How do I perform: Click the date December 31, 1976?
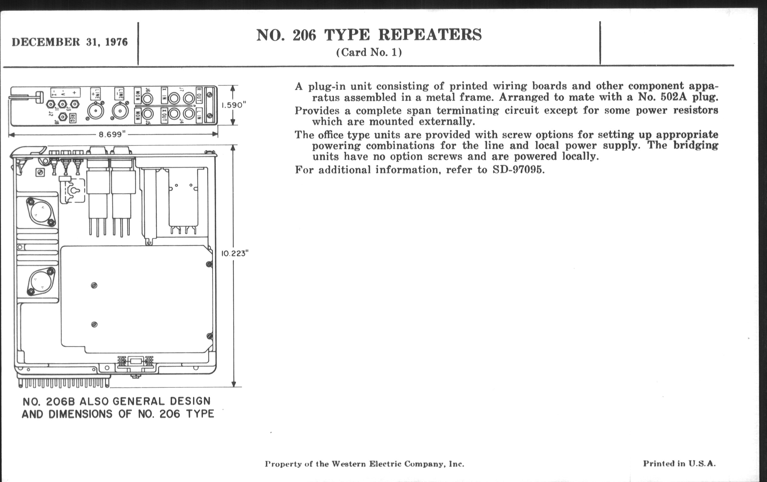tap(69, 42)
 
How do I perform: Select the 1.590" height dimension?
tap(234, 105)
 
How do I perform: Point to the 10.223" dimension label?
tap(235, 254)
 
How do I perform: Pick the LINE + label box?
tap(95, 94)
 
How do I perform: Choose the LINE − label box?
tap(120, 94)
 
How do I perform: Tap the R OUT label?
tap(199, 95)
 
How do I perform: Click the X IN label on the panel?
tap(164, 95)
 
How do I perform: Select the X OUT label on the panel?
tap(164, 116)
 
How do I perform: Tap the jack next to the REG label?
tap(63, 117)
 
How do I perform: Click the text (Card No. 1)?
tap(369, 53)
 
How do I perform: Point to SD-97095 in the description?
tap(518, 170)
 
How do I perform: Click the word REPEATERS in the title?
tap(430, 35)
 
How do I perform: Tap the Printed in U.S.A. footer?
tap(679, 463)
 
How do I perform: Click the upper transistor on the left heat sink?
tap(41, 212)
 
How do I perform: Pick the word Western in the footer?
tap(348, 464)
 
